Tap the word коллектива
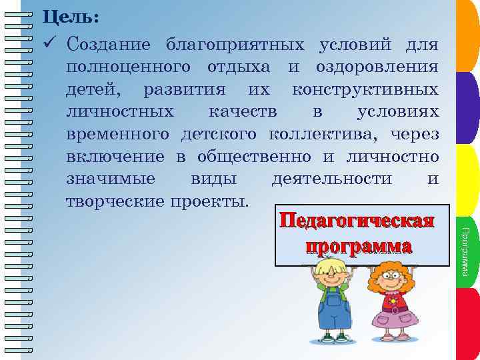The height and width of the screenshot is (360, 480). click(319, 135)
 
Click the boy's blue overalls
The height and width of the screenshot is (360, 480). click(334, 313)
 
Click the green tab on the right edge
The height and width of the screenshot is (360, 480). click(469, 180)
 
